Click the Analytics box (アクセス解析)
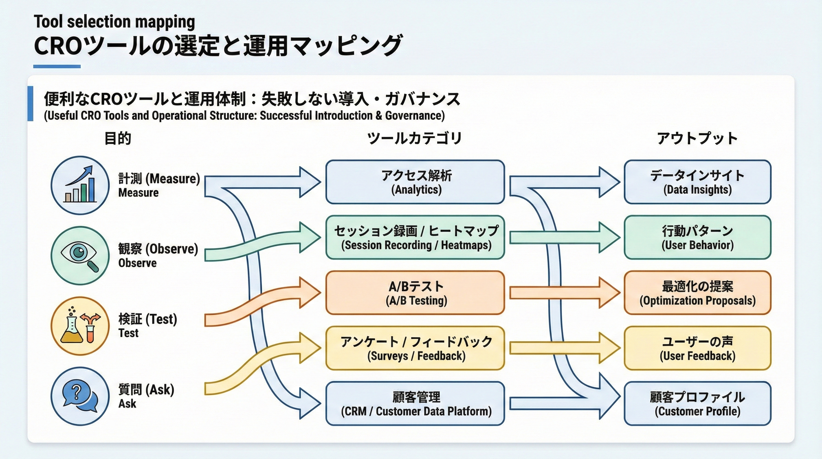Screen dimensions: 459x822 pos(415,182)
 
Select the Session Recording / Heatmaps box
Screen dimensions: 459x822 pos(415,237)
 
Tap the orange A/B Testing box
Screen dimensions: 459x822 pos(415,292)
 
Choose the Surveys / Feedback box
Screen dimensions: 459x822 pos(415,348)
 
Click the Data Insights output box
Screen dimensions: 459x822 pos(697,182)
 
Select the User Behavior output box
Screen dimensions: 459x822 pos(697,237)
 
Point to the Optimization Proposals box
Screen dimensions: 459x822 pos(697,292)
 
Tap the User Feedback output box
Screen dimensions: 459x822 pos(697,348)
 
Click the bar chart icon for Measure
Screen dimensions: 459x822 pos(80,185)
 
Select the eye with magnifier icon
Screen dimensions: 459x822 pos(80,255)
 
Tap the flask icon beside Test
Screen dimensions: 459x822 pos(80,326)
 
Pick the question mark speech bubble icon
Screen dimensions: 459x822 pos(80,396)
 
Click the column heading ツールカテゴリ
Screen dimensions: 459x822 pos(414,138)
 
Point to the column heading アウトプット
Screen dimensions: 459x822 pos(697,138)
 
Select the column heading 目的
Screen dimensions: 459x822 pos(118,138)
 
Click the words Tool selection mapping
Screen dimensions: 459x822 pos(114,22)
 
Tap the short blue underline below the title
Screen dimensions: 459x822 pos(57,66)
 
